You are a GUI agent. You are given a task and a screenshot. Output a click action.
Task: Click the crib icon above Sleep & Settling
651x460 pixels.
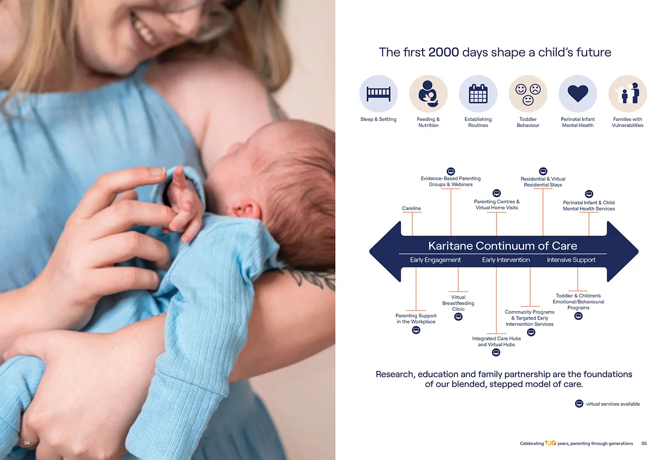pyautogui.click(x=378, y=94)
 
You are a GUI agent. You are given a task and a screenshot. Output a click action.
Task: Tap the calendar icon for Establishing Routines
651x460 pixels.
pyautogui.click(x=478, y=94)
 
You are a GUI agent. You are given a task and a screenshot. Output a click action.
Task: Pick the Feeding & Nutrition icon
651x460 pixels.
pyautogui.click(x=428, y=94)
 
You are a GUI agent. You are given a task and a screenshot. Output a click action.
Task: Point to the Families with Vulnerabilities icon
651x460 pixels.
pyautogui.click(x=628, y=93)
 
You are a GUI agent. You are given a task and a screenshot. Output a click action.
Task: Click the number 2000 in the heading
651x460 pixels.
pyautogui.click(x=444, y=52)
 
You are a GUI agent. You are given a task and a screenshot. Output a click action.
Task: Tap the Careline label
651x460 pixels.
pyautogui.click(x=411, y=208)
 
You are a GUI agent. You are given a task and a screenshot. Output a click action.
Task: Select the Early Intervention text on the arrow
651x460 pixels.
pyautogui.click(x=506, y=260)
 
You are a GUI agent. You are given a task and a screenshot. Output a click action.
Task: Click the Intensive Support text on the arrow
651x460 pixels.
pyautogui.click(x=571, y=260)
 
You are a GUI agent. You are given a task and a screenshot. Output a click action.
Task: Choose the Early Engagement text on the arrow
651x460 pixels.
pyautogui.click(x=435, y=260)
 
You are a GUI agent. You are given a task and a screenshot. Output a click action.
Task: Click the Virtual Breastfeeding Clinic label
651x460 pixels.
pyautogui.click(x=458, y=303)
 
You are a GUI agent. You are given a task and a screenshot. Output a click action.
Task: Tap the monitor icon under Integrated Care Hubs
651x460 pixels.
pyautogui.click(x=496, y=352)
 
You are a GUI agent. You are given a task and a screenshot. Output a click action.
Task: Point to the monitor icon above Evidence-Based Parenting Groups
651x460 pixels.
pyautogui.click(x=450, y=171)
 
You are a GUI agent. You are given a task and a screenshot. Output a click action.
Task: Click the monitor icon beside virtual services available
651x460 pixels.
pyautogui.click(x=579, y=404)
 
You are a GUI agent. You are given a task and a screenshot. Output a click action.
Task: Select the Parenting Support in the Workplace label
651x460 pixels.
pyautogui.click(x=416, y=319)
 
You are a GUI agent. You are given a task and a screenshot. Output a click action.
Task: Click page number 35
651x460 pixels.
pyautogui.click(x=644, y=444)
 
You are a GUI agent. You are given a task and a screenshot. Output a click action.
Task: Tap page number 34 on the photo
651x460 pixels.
pyautogui.click(x=27, y=443)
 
